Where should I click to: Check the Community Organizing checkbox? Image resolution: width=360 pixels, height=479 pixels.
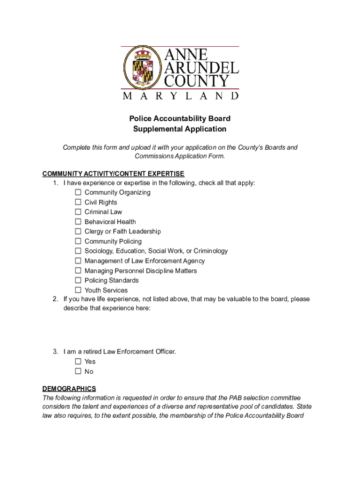point(78,192)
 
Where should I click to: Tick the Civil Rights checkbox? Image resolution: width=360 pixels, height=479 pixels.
point(78,202)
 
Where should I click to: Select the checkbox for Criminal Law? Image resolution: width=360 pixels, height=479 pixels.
point(78,212)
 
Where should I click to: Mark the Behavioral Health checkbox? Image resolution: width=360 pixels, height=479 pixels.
point(78,222)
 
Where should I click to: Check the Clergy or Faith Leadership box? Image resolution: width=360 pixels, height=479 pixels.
point(78,232)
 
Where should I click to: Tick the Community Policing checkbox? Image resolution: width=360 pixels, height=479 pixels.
point(78,241)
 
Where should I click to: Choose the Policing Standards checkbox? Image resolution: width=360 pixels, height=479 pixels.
point(78,280)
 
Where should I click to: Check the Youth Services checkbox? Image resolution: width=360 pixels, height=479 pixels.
point(78,290)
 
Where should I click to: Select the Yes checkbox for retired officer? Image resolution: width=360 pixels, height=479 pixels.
point(78,361)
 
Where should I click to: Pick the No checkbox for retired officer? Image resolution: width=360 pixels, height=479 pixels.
point(78,371)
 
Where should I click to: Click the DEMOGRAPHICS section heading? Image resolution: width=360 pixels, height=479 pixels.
point(69,388)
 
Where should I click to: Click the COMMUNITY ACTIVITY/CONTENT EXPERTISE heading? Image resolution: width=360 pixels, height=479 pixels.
point(113,174)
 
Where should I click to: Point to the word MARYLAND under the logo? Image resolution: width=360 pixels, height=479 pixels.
point(180,96)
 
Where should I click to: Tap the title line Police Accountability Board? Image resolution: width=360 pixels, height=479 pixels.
point(180,119)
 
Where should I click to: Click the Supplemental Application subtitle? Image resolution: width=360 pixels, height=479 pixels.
point(180,129)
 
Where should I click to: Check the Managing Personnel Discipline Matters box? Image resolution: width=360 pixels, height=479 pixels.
point(78,271)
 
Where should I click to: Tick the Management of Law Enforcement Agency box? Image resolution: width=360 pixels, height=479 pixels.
point(78,261)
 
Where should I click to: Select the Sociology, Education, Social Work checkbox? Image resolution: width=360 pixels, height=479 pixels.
point(78,251)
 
